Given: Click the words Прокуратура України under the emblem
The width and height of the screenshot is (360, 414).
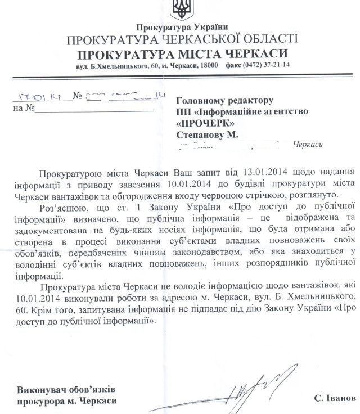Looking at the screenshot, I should coord(182,27).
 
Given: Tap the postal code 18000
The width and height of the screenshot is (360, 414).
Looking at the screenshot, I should coord(208,66).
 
